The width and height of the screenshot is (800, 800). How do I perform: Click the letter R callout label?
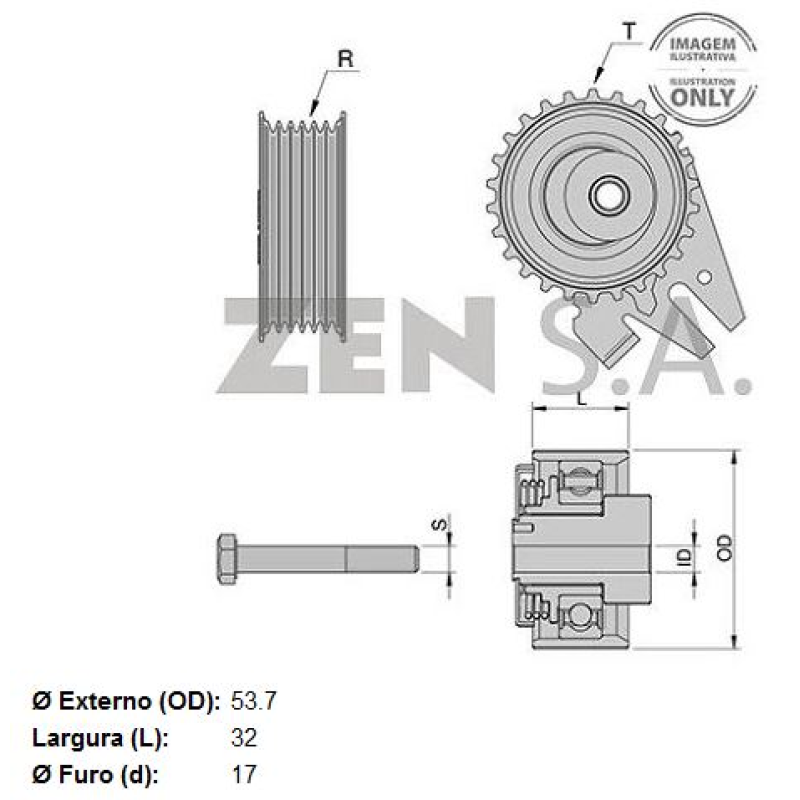(x=345, y=59)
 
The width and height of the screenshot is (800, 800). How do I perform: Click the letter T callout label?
(x=627, y=32)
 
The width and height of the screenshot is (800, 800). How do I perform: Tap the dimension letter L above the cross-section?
(x=581, y=397)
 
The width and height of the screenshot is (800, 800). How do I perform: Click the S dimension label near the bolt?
(x=436, y=523)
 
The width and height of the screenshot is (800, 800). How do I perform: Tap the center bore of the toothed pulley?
(x=605, y=195)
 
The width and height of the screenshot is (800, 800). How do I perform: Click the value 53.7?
(x=253, y=700)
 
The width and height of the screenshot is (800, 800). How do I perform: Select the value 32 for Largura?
(x=244, y=738)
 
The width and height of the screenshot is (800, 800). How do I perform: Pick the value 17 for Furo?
(x=243, y=774)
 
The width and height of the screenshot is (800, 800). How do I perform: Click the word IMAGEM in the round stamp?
(x=702, y=45)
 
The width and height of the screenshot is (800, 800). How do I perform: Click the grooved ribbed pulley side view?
(x=302, y=225)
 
